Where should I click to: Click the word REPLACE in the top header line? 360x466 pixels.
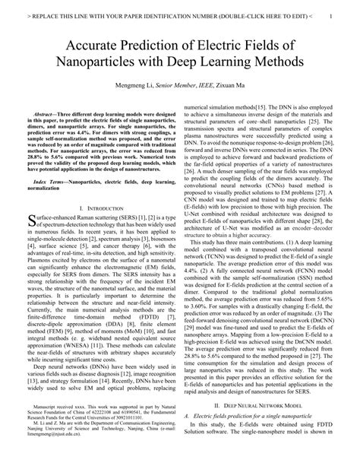42,14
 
